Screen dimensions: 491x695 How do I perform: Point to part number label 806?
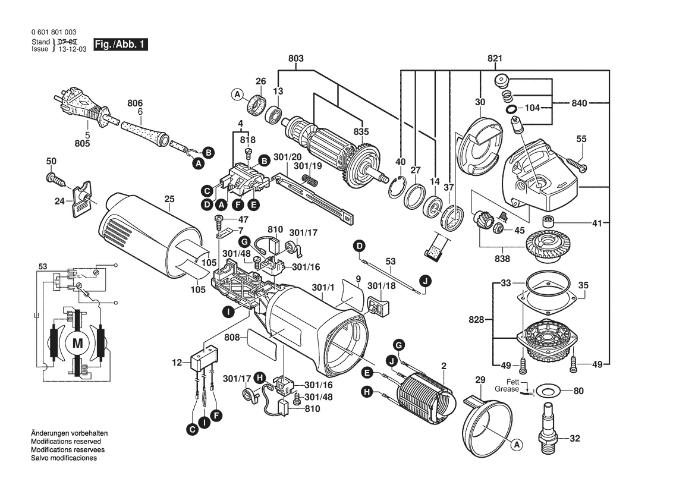(x=136, y=102)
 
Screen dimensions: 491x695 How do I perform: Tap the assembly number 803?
(x=295, y=58)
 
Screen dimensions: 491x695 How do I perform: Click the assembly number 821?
(x=495, y=58)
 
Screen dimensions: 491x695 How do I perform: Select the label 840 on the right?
(x=580, y=103)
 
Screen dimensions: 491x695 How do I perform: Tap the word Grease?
(x=507, y=389)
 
